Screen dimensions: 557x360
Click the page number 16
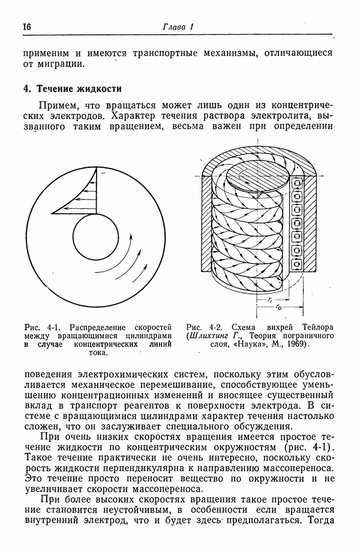(27, 27)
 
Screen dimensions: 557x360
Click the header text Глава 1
(178, 27)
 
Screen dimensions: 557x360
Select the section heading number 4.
(27, 89)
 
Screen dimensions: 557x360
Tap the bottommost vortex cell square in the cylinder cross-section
(296, 263)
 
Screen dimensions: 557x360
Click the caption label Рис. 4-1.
(41, 327)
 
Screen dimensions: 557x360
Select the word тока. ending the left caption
(99, 354)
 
